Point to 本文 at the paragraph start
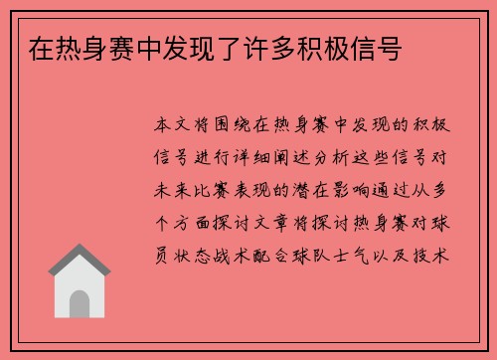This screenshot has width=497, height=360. pos(179,127)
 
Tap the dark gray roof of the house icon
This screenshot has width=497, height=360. pos(81,263)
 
